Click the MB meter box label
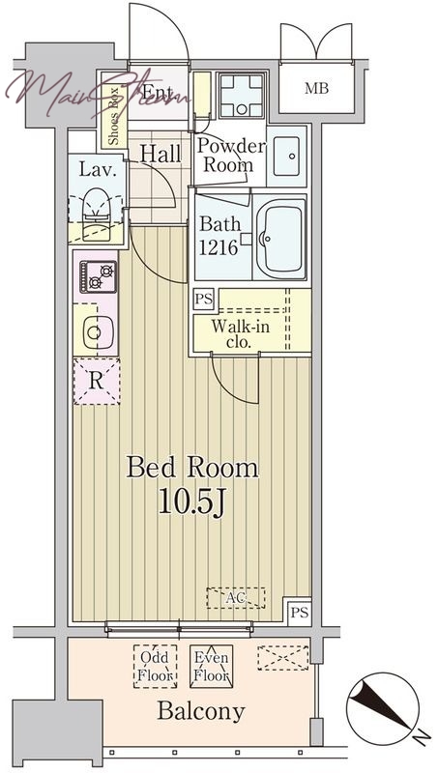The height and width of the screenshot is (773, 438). [316, 89]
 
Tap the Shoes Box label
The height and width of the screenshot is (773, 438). [114, 117]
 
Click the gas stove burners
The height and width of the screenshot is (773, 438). [99, 277]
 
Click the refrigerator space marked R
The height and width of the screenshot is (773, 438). [97, 382]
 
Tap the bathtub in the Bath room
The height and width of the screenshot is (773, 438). [279, 239]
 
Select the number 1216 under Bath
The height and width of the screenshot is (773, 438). [218, 247]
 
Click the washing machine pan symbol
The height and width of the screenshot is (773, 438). [241, 96]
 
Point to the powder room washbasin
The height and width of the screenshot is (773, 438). [286, 156]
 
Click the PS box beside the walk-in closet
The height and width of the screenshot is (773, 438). [203, 300]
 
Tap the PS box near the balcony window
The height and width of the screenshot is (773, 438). [300, 613]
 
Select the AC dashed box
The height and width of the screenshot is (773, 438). [236, 598]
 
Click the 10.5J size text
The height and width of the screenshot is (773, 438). [191, 502]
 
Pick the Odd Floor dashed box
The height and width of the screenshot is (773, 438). [155, 666]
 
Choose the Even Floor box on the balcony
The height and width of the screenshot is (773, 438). [212, 666]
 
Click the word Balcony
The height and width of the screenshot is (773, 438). [201, 711]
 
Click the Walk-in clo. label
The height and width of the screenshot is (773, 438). [240, 334]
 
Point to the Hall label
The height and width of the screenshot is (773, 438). [161, 154]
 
